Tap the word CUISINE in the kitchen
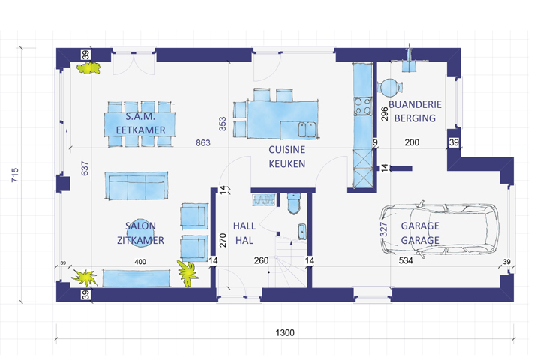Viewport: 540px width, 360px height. pyautogui.click(x=286, y=150)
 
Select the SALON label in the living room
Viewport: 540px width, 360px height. pyautogui.click(x=140, y=226)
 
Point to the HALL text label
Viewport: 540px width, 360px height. pyautogui.click(x=244, y=226)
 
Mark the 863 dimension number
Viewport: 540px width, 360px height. pyautogui.click(x=202, y=142)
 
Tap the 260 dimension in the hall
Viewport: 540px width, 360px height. pyautogui.click(x=261, y=261)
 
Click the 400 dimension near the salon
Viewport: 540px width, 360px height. pyautogui.click(x=139, y=261)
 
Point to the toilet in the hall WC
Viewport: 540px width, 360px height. pyautogui.click(x=293, y=202)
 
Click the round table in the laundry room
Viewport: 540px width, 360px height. pyautogui.click(x=391, y=87)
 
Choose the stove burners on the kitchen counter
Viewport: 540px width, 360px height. pyautogui.click(x=364, y=106)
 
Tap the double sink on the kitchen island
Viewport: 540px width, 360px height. pyautogui.click(x=308, y=129)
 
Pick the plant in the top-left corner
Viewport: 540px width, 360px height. pyautogui.click(x=88, y=68)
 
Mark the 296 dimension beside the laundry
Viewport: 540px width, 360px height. pyautogui.click(x=383, y=114)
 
